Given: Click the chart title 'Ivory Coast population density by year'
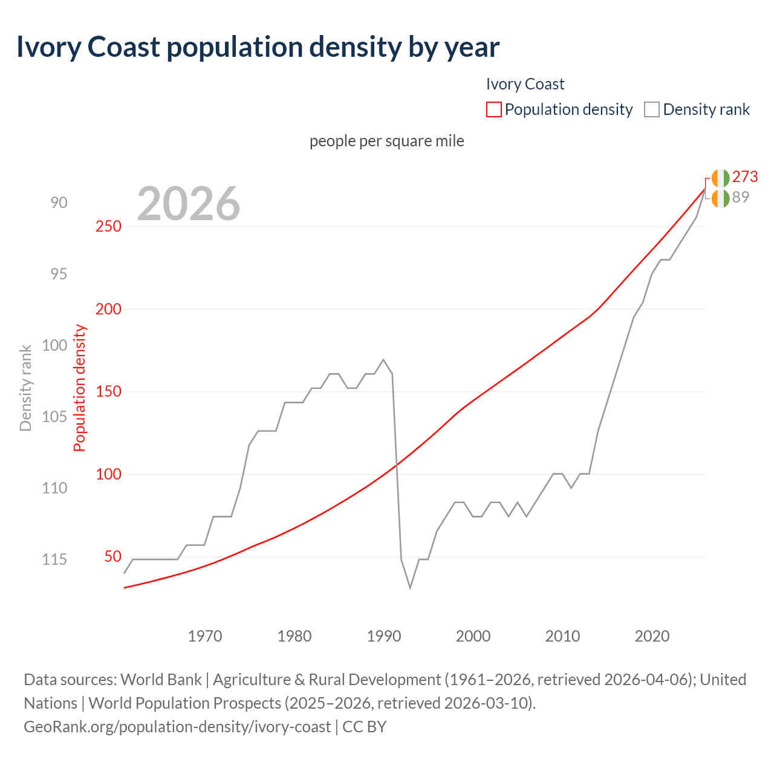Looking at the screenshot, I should click(258, 47).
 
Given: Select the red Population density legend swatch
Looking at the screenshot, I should click(493, 109).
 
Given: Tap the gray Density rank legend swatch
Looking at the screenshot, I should click(651, 109).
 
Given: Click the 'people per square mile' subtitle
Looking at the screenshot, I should click(387, 141).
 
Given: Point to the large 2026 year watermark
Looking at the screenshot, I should click(189, 204).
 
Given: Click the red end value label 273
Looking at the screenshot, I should click(745, 177).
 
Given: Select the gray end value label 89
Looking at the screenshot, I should click(741, 197).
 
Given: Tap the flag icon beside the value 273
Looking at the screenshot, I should click(721, 178).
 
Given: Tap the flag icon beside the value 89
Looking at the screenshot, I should click(721, 198).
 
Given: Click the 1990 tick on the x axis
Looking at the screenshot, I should click(384, 636).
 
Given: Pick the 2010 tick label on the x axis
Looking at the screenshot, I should click(562, 636).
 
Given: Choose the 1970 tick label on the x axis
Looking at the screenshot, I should click(205, 636).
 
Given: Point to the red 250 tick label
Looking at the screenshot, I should click(109, 226).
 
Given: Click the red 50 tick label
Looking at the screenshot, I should click(112, 556).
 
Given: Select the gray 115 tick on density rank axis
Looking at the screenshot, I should click(54, 559).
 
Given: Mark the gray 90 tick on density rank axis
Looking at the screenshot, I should click(59, 203).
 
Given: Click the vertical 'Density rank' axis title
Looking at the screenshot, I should click(25, 388).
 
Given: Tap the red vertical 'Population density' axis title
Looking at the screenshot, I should click(80, 388).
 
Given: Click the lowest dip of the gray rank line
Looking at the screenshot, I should click(411, 587).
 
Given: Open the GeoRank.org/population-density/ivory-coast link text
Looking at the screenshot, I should click(177, 726).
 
